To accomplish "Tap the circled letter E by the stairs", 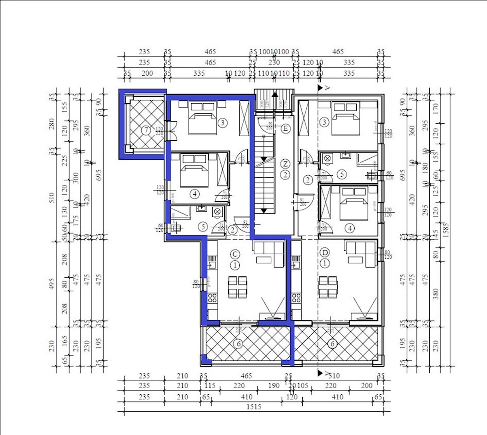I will [x=286, y=129].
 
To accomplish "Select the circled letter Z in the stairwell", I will [x=286, y=164].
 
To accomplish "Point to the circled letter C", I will [x=235, y=254].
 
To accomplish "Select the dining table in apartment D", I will [x=328, y=287].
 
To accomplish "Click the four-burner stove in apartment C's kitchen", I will [x=212, y=298].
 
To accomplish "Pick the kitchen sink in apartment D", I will [x=296, y=265].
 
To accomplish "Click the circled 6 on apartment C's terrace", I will [x=239, y=344].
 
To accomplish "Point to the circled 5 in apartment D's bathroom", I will [x=342, y=174].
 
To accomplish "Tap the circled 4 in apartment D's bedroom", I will [x=350, y=228].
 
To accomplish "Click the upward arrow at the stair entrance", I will [x=275, y=96].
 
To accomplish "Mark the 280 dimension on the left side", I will [x=52, y=123].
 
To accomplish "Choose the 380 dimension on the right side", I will [x=436, y=294].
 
